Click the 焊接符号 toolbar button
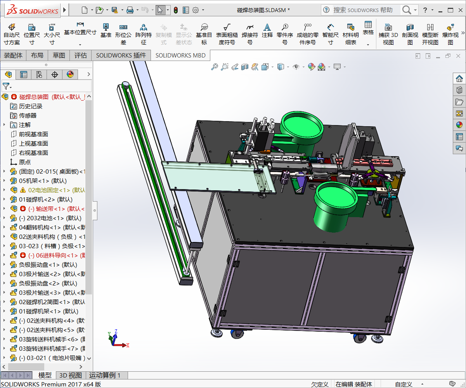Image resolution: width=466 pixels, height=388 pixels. coord(250,34)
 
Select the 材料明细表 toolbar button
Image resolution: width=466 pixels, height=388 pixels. coord(351,34)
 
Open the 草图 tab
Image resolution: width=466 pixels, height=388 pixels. coord(59,55)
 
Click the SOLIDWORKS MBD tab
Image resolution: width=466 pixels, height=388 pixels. coord(181,55)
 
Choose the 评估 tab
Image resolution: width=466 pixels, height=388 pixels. coord(81,55)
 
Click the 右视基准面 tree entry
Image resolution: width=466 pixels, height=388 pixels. coord(33,153)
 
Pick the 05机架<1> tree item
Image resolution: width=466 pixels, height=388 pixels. coord(43,181)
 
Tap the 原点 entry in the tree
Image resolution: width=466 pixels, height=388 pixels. coord(25,162)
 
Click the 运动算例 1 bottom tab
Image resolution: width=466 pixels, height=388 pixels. coord(105,375)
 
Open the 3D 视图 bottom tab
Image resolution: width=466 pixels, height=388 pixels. coord(70,375)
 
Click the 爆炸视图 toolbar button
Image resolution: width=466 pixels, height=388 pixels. coord(450,34)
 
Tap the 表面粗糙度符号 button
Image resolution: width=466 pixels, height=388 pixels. coord(227,34)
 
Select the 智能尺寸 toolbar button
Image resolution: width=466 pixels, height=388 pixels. coord(330,34)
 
